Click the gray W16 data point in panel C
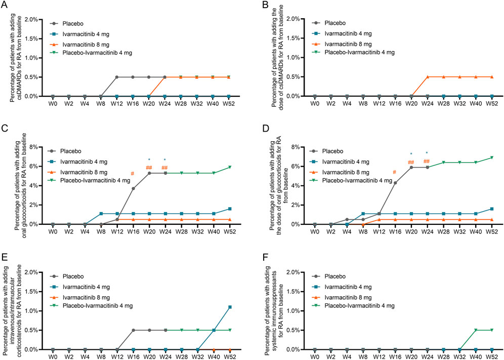click(133, 188)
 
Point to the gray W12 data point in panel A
click(116, 77)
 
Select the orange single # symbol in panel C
click(133, 174)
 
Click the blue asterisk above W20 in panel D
click(411, 154)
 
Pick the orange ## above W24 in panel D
click(427, 162)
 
